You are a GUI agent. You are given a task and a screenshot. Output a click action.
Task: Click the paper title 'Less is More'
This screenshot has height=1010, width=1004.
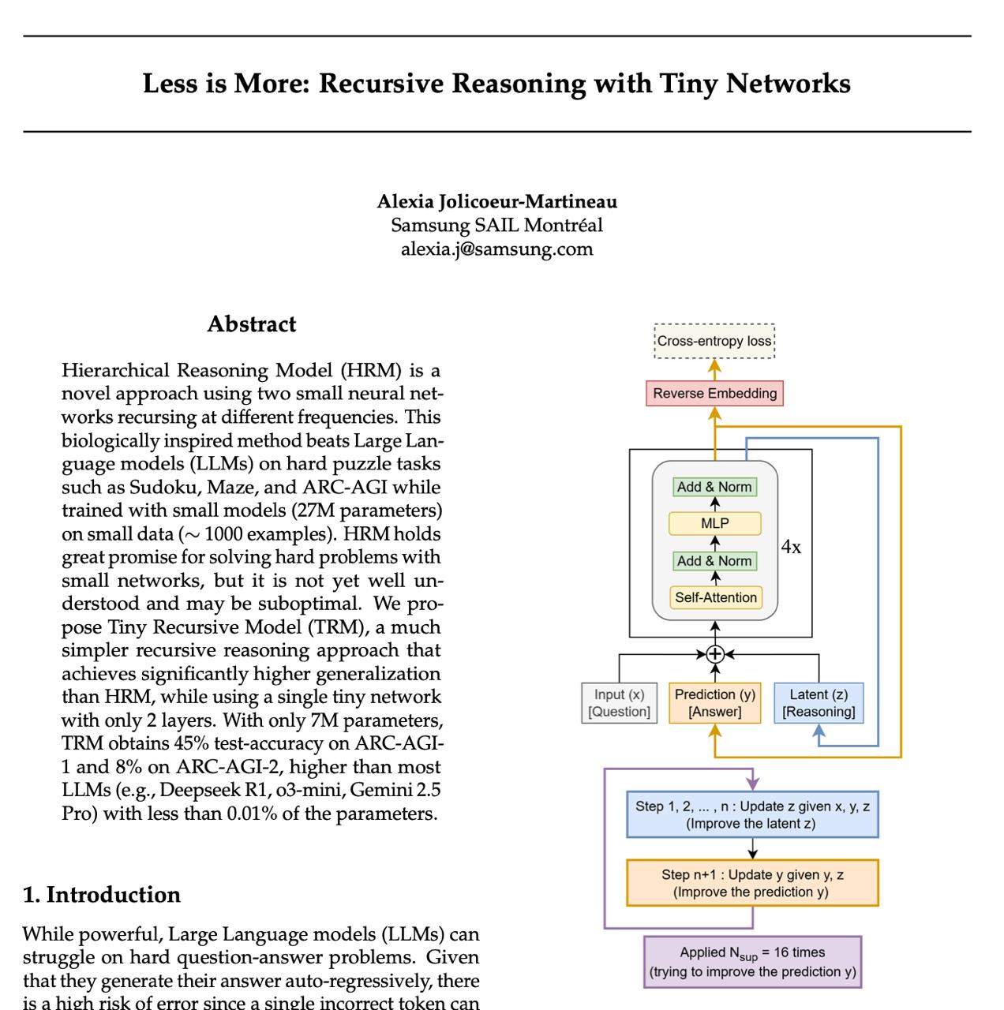pos(496,84)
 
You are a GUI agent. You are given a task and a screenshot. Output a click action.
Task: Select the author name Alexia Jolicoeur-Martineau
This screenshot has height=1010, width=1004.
pos(496,202)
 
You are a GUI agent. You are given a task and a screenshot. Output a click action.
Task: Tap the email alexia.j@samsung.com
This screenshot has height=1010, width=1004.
pos(496,249)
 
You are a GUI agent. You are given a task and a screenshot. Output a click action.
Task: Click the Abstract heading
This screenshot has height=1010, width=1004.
pos(251,324)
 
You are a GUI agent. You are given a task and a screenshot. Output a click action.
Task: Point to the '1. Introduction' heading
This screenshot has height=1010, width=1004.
pos(102,895)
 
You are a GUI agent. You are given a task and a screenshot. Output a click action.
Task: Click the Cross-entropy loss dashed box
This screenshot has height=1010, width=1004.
pos(714,341)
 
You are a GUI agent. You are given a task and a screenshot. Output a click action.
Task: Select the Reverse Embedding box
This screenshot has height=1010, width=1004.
pos(714,393)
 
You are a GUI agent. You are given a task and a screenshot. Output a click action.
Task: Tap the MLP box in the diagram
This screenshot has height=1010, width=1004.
pos(714,523)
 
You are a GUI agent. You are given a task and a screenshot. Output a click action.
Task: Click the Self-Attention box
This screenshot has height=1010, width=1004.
pos(715,597)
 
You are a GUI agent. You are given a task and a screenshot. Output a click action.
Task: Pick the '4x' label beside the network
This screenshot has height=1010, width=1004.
pos(791,547)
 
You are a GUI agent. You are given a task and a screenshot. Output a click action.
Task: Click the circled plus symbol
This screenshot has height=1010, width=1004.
pos(715,654)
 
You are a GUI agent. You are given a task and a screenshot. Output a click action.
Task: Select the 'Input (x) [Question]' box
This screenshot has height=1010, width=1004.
pos(619,703)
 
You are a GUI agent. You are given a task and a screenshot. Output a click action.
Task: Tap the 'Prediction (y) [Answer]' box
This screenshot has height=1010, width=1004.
pos(715,703)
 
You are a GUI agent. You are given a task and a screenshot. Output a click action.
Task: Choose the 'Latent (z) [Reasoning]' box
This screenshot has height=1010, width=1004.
pos(819,703)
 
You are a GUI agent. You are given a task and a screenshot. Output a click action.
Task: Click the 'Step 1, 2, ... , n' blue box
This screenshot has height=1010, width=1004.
pos(752,814)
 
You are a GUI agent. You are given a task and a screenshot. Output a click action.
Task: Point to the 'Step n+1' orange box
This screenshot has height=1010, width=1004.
pos(752,883)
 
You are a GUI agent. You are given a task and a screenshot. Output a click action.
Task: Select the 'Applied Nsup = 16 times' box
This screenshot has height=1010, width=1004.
pos(752,962)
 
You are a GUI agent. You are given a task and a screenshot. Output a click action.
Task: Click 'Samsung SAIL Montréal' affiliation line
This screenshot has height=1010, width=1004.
pos(496,226)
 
